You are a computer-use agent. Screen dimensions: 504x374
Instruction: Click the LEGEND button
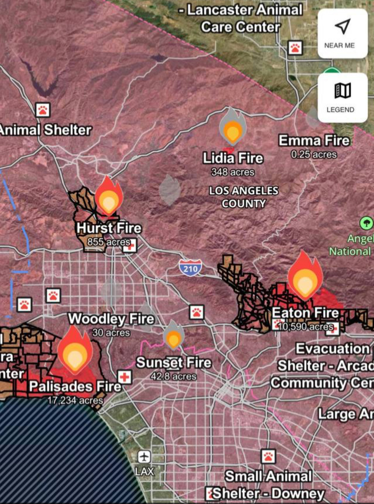click(x=342, y=97)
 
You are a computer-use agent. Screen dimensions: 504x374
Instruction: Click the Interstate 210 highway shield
click(x=190, y=268)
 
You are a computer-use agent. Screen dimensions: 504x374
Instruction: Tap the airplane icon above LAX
click(x=144, y=457)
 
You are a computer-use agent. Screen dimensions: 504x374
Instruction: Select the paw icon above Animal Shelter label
click(x=43, y=110)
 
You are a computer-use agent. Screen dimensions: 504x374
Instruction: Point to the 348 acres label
click(x=233, y=172)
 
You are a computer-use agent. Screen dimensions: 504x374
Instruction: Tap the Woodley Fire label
click(x=111, y=319)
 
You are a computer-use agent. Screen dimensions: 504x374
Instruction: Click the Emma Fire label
click(x=314, y=141)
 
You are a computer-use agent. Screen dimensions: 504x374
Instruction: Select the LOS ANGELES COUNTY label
click(x=244, y=197)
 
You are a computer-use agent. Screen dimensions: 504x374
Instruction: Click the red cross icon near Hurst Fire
click(x=130, y=246)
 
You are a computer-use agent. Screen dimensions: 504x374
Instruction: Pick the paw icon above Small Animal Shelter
click(x=268, y=456)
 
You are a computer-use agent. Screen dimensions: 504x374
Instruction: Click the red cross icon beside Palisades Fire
click(x=125, y=377)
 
